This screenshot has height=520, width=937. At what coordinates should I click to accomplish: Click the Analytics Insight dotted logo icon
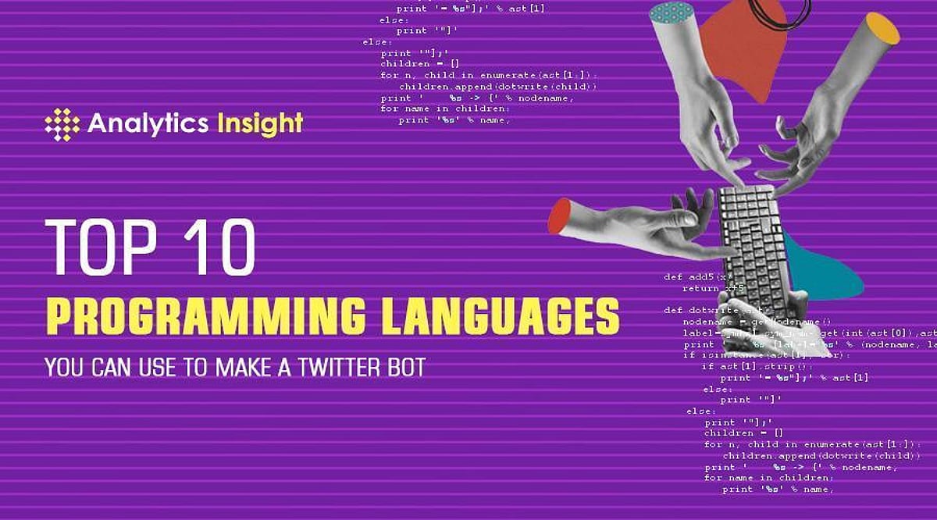[x=62, y=124]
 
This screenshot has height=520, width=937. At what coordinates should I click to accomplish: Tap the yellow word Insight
[x=260, y=123]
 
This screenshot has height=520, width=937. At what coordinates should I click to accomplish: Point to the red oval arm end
[x=559, y=215]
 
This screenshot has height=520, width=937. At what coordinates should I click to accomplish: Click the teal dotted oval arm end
[x=672, y=12]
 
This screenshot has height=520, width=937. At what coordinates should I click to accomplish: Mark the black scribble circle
[x=781, y=11]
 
